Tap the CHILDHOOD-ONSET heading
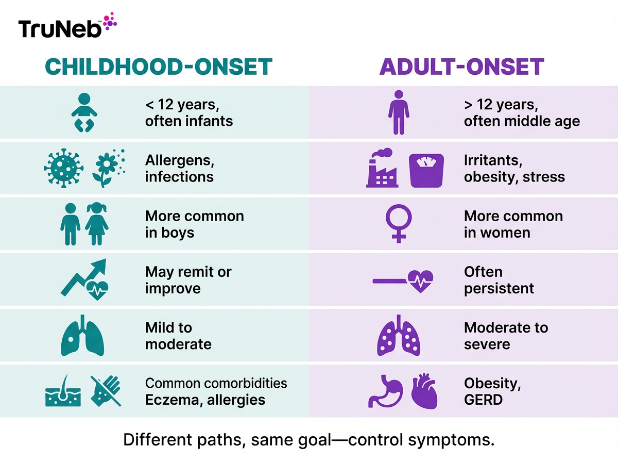point(158,67)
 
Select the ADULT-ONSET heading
point(461,67)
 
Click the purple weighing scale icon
point(426,170)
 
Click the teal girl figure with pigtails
point(96,224)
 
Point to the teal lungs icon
point(82,336)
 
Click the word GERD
point(483,400)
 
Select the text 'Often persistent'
point(499,280)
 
